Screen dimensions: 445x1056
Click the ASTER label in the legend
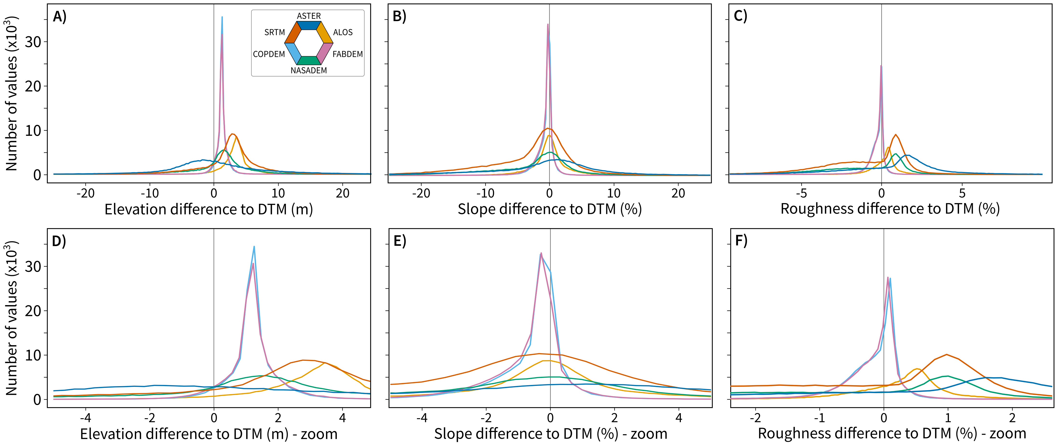[x=309, y=16]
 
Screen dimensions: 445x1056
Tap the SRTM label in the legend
[x=274, y=32]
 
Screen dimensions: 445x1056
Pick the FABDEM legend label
[x=348, y=54]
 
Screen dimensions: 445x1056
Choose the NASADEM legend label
[x=309, y=70]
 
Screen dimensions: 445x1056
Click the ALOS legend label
[x=343, y=32]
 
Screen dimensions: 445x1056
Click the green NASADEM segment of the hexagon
[x=309, y=61]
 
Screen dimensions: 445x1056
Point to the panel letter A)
[x=59, y=17]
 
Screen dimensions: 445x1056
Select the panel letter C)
[x=740, y=16]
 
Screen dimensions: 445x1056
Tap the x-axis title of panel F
[x=892, y=433]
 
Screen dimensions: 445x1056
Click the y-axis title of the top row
[x=12, y=93]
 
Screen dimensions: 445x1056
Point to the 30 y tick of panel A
[x=33, y=42]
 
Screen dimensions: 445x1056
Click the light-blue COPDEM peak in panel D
[x=254, y=247]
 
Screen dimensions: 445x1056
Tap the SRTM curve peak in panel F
[x=946, y=355]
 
